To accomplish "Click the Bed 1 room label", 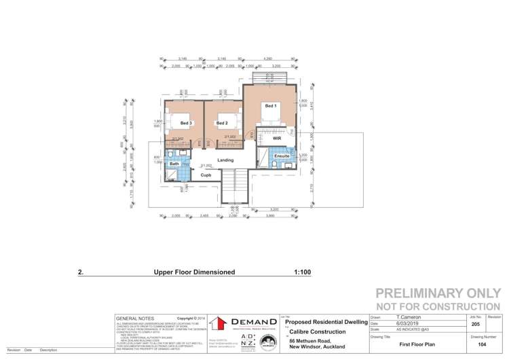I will (270, 106).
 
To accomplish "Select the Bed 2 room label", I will (222, 123).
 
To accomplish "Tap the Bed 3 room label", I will (186, 123).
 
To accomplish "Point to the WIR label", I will (277, 138).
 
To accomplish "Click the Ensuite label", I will (282, 156).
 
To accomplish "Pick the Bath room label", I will (174, 164).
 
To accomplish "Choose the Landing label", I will (225, 160).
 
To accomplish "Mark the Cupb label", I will (206, 175).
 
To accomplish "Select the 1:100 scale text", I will (302, 272).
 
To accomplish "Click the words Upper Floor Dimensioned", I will (194, 272).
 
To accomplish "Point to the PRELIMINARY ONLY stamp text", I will (438, 294).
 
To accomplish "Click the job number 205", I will (474, 324).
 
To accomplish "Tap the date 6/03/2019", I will (410, 324).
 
